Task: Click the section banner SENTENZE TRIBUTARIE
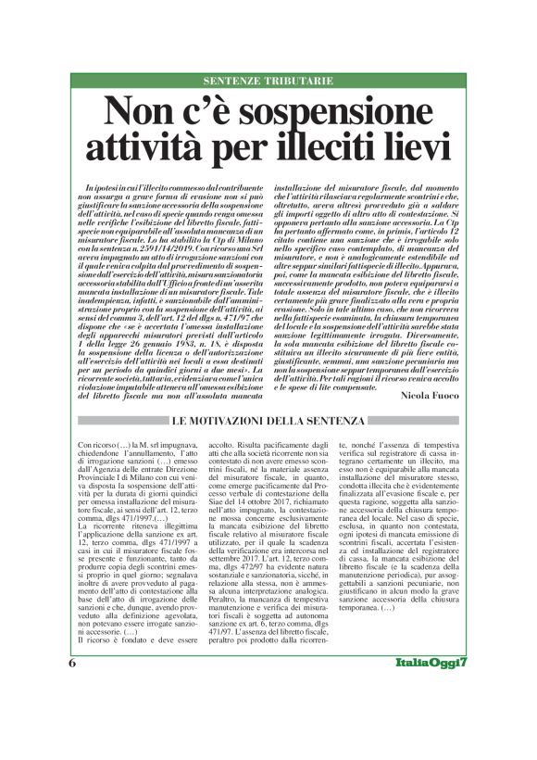point(268,82)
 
